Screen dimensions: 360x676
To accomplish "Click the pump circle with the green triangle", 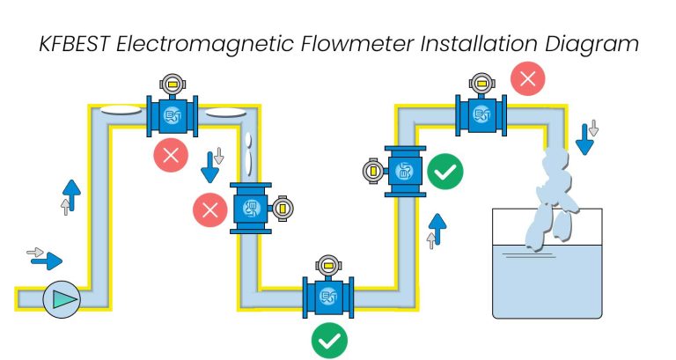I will click(62, 299).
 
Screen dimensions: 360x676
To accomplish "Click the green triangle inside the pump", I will click(63, 299).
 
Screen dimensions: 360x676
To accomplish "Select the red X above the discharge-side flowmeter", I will click(527, 79).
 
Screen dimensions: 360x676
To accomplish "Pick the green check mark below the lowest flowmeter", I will click(329, 341).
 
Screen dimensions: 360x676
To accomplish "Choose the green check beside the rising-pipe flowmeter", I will click(445, 170).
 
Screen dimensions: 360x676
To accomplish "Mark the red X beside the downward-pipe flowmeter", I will click(209, 209).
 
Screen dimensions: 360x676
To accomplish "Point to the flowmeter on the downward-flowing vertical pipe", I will click(251, 209).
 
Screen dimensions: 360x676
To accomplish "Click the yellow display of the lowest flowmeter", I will click(328, 263).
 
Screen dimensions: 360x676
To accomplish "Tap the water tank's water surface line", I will click(546, 244).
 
